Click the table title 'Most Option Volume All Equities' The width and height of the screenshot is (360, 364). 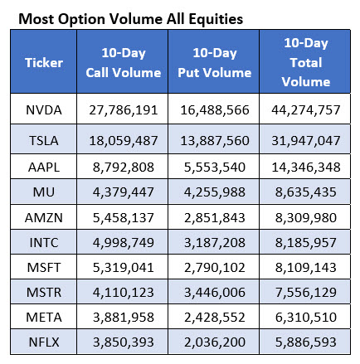pos(130,19)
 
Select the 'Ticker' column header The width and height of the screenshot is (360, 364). pos(44,63)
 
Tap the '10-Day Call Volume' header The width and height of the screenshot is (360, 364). pos(124,63)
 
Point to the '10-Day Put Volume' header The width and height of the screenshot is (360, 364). pos(215,63)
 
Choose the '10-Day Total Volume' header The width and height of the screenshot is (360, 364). pos(306,62)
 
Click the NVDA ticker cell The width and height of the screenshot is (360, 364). pos(44,110)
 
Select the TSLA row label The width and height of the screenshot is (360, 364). pos(44,141)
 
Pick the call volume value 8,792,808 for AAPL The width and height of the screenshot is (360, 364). pos(124,167)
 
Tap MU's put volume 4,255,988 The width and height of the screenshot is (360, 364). pos(215,192)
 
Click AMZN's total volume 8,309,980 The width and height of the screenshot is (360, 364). pos(306,217)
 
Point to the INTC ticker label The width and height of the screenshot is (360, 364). pos(44,243)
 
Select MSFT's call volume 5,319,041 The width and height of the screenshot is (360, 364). pos(124,268)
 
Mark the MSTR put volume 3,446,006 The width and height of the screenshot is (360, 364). pos(215,293)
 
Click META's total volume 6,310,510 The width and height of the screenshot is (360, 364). pos(306,318)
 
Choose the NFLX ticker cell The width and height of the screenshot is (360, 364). pos(44,342)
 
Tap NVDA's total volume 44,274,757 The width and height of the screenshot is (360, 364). pos(306,110)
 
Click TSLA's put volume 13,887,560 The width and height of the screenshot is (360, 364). pos(215,141)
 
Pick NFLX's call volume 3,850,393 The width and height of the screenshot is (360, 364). pos(124,342)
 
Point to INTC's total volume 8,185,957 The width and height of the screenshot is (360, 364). pos(306,243)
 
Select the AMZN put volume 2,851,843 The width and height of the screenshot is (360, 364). pos(215,217)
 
